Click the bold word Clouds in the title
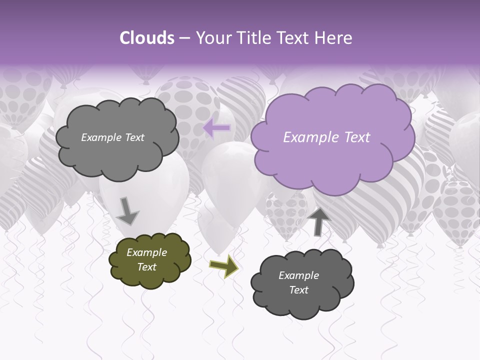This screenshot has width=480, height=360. [146, 38]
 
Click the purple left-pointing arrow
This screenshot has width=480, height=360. [217, 128]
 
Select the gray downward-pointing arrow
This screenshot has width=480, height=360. [127, 210]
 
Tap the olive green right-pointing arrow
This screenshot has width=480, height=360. [223, 267]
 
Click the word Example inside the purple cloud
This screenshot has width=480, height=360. [311, 137]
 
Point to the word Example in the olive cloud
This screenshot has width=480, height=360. [146, 252]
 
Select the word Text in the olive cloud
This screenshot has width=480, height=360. [146, 267]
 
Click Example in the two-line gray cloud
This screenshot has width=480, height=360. [298, 275]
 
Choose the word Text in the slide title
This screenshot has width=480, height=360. [295, 38]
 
